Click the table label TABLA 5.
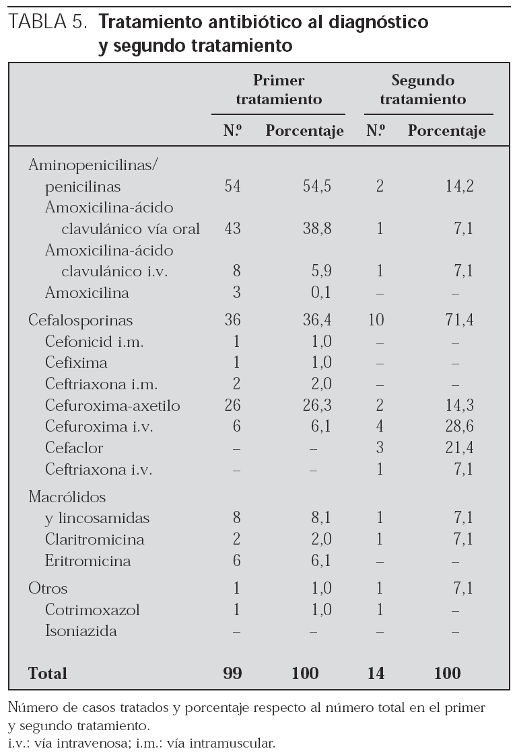[48, 23]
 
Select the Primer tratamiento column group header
[278, 90]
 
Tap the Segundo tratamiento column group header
[423, 90]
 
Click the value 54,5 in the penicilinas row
[317, 186]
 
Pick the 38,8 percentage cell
[317, 229]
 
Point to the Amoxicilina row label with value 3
[87, 293]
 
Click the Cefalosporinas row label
[80, 320]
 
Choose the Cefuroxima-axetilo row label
[112, 406]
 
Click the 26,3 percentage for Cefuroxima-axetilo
[317, 406]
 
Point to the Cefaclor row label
[74, 448]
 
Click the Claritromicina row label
[85, 540]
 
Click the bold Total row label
[48, 673]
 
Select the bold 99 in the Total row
[232, 673]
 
